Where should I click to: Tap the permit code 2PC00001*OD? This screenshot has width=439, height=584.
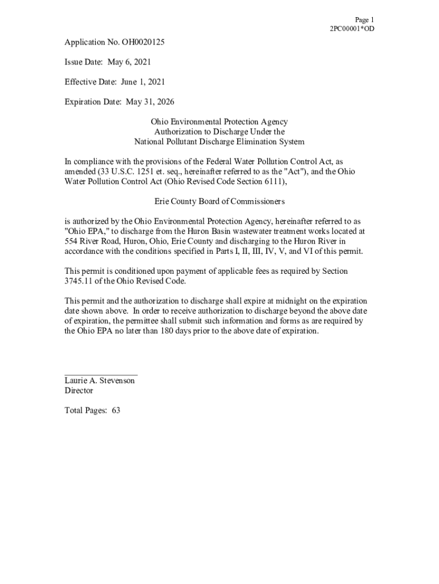click(352, 29)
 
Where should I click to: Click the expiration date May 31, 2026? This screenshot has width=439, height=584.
click(150, 102)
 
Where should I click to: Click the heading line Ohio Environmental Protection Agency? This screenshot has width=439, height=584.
click(219, 122)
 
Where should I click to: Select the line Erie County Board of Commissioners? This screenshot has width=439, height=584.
click(219, 202)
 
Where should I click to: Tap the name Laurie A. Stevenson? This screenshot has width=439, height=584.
click(100, 380)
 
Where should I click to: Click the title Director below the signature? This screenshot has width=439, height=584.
click(79, 391)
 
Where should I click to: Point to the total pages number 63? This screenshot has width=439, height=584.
click(116, 411)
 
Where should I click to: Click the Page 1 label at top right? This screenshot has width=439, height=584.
click(364, 20)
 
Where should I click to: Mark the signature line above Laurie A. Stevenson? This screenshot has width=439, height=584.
click(101, 374)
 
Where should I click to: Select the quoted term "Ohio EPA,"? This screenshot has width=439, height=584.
click(84, 232)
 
